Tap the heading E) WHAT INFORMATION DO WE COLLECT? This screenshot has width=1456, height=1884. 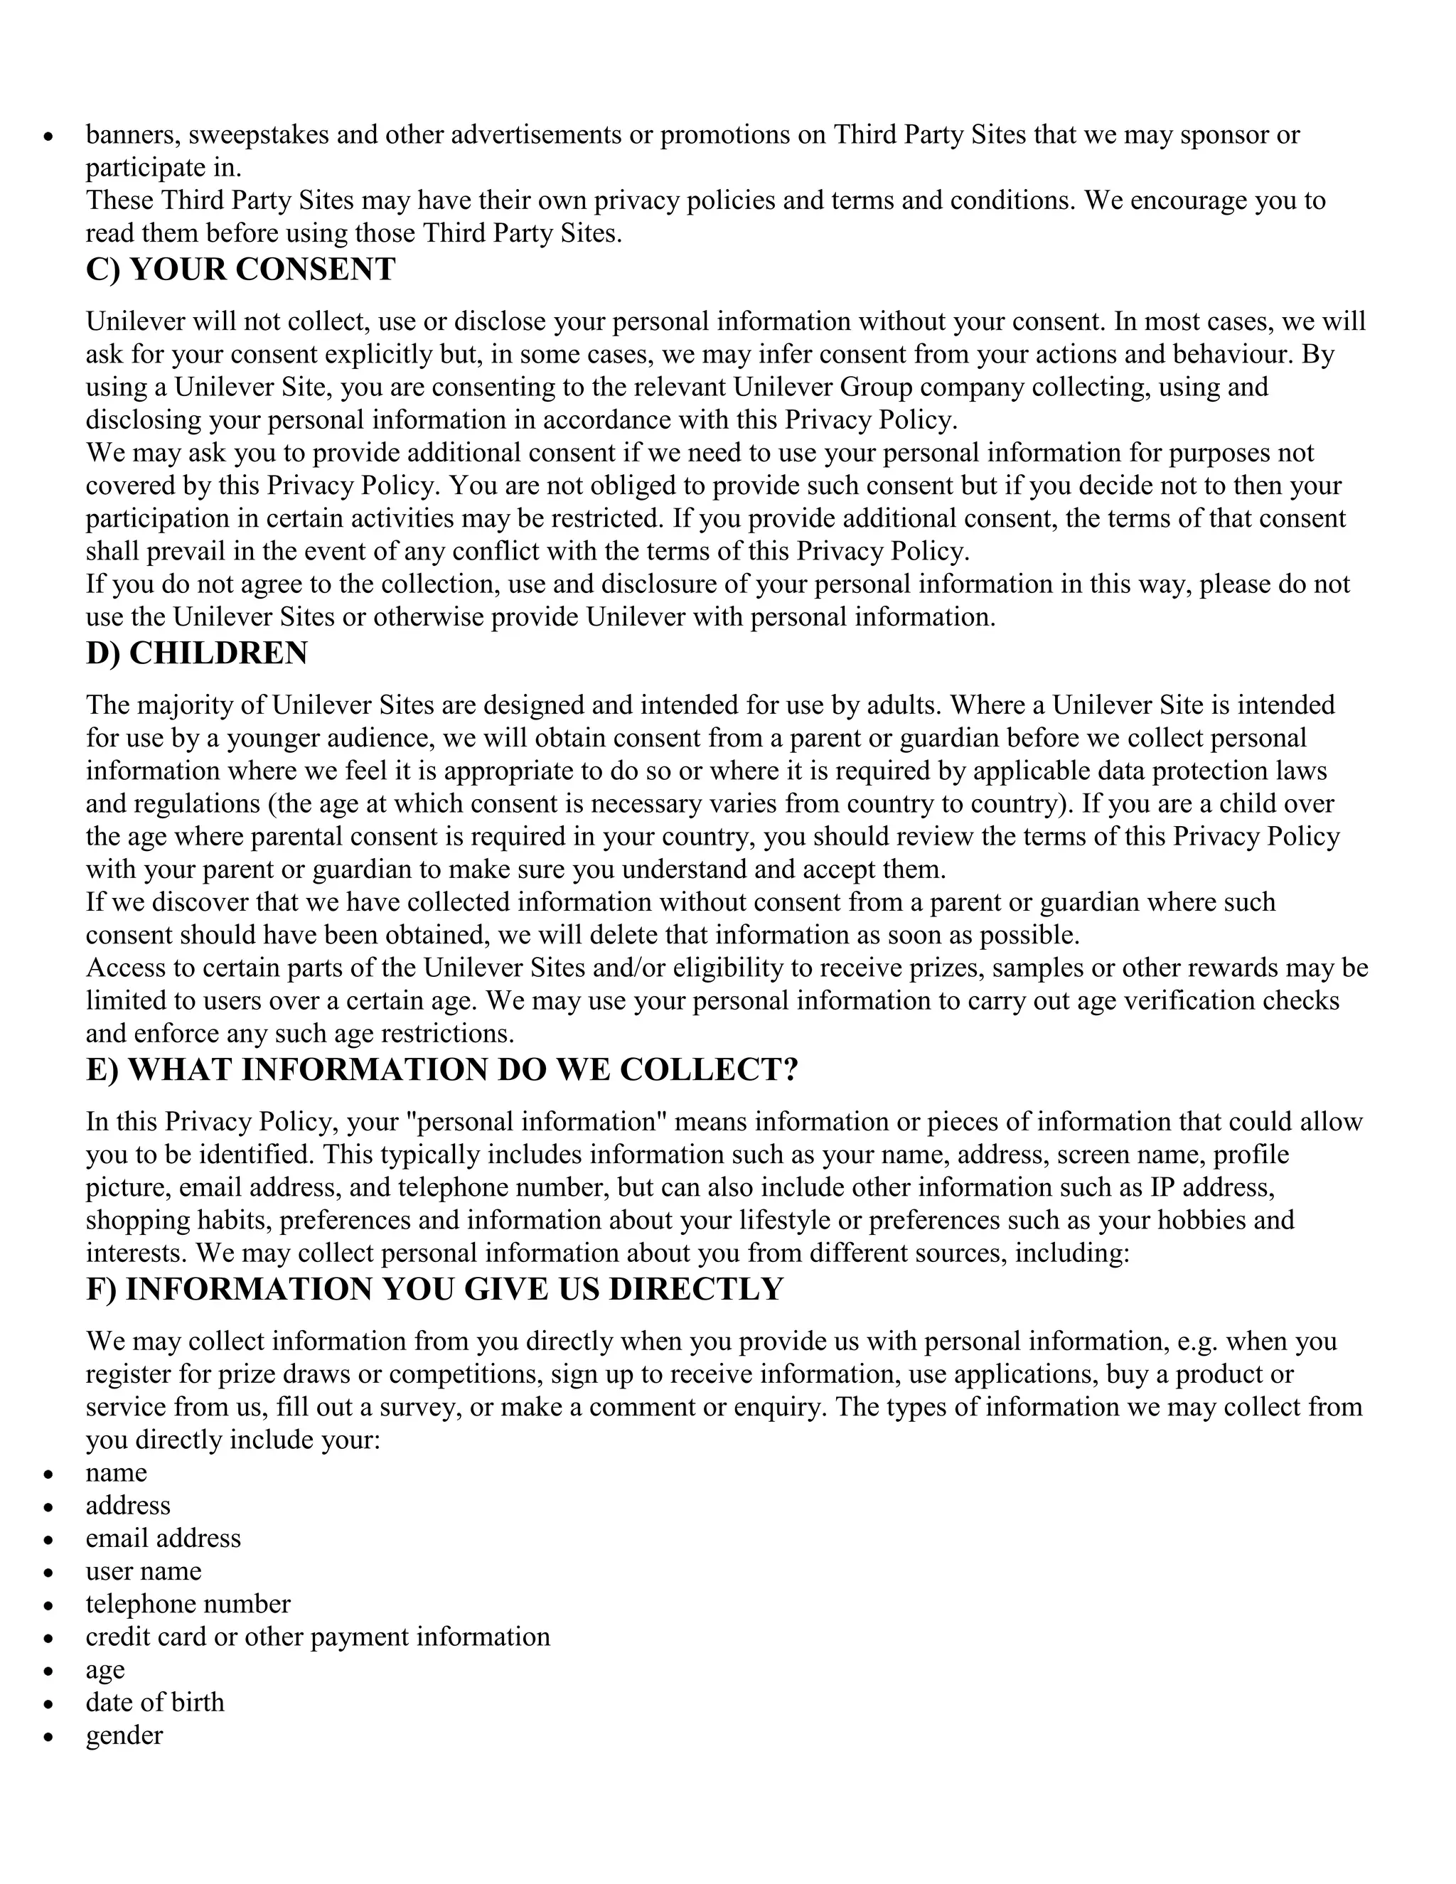tap(441, 1070)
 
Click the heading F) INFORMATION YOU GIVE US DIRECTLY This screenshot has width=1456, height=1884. tap(434, 1289)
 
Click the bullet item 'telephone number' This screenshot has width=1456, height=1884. tap(187, 1604)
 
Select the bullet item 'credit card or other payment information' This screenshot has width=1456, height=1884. tap(316, 1637)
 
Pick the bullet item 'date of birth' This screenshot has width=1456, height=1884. tap(154, 1702)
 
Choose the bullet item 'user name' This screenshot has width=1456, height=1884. tap(143, 1571)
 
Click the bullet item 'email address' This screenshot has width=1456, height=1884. tap(163, 1538)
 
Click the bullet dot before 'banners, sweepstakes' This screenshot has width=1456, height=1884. tap(49, 137)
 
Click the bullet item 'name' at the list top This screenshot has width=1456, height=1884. tap(116, 1472)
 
